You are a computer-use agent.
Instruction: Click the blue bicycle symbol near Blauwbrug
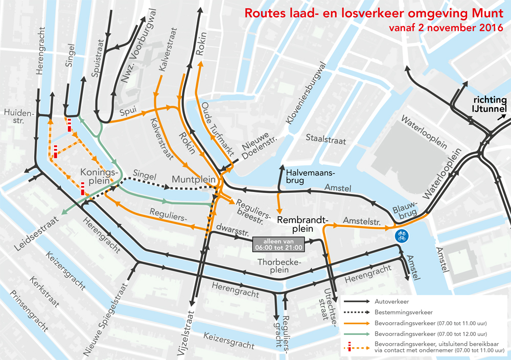coord(402,236)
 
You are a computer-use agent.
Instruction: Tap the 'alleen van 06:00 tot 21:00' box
coord(278,245)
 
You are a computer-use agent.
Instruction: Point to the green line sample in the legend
coord(356,333)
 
